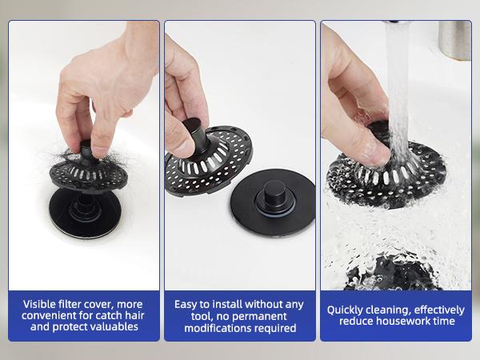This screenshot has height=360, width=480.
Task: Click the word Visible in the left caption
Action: click(x=40, y=304)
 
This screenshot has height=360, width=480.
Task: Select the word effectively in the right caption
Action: click(x=437, y=309)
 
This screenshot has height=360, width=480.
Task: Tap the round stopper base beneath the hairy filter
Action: click(x=85, y=212)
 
